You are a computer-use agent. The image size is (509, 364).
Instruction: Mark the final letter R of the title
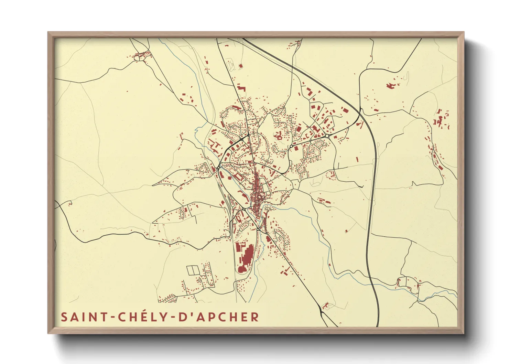pos(254,317)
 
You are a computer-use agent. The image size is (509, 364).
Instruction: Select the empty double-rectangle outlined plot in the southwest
pos(193,270)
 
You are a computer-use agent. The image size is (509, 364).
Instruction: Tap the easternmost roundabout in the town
pos(326,136)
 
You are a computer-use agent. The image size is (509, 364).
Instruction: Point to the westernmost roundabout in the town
pos(218,168)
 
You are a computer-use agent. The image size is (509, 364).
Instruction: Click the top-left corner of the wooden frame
pos(49,33)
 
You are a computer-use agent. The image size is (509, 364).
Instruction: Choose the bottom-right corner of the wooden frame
pos(463,333)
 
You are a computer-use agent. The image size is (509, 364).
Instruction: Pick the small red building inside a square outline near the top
pos(240,66)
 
